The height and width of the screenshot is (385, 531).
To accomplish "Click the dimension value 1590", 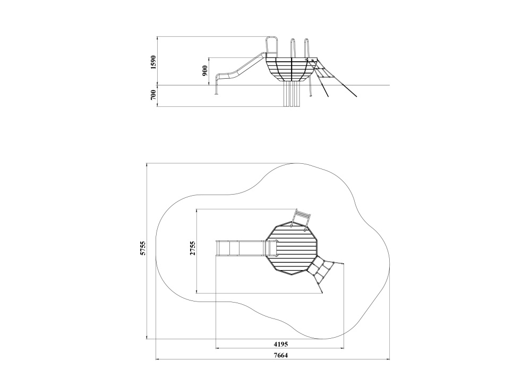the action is [x=154, y=62].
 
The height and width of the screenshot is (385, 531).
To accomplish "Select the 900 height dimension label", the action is [x=205, y=71].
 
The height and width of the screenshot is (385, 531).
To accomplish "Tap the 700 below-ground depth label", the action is [x=154, y=95].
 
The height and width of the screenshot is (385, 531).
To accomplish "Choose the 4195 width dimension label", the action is [x=281, y=344].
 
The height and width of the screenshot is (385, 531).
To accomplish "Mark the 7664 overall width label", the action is [x=281, y=356].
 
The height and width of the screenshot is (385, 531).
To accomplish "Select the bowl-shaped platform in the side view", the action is [x=291, y=69].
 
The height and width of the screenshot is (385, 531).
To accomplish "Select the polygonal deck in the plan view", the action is [x=292, y=249].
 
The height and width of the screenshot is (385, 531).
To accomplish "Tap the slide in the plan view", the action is [x=246, y=248].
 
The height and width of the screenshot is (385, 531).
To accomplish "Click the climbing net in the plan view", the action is [x=325, y=272].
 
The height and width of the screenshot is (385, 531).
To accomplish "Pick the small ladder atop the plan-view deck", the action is [x=302, y=219].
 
